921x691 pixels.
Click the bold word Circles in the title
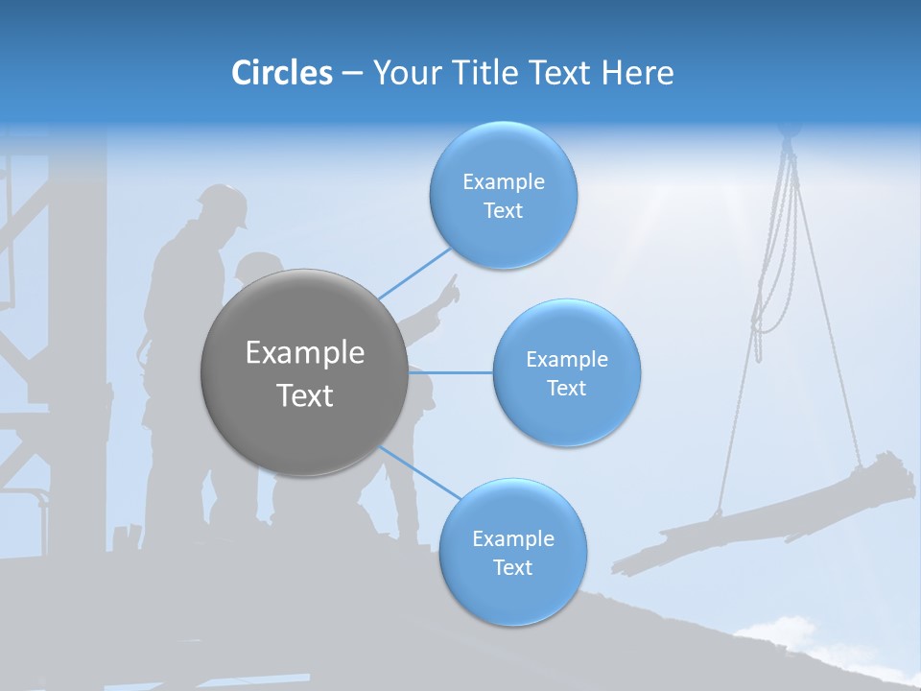tap(281, 73)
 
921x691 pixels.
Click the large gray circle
tap(304, 372)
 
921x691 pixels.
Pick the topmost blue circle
tap(503, 195)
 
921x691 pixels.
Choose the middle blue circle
tap(566, 372)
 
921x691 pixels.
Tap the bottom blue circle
tap(512, 552)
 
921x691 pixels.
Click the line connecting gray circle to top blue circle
tap(414, 274)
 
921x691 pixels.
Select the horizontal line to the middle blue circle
tap(451, 372)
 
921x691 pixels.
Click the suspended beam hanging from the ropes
tap(767, 513)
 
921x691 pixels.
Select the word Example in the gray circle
tap(304, 353)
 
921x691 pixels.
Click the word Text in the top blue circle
tap(503, 211)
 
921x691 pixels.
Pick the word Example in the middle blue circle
tap(566, 360)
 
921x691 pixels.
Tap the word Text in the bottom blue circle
tap(512, 567)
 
